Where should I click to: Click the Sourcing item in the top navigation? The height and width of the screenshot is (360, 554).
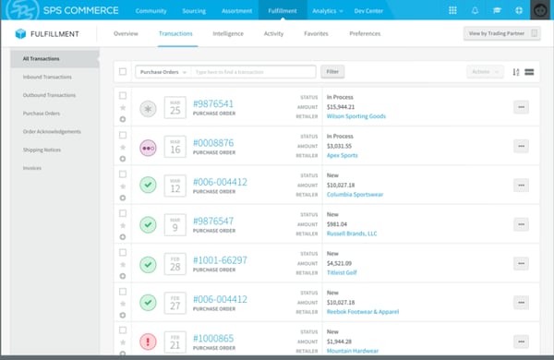[194, 10]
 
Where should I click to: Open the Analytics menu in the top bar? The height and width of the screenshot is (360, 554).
[325, 10]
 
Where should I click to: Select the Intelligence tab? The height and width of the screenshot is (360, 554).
[228, 33]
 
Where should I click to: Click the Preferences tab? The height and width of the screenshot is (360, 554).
[365, 33]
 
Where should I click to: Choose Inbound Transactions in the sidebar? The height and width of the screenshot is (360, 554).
[47, 77]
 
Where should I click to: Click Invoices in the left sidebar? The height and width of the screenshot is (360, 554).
[32, 168]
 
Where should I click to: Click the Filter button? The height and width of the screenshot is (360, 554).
[331, 71]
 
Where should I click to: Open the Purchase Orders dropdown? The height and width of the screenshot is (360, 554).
[162, 71]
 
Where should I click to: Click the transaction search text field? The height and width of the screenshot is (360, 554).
[253, 71]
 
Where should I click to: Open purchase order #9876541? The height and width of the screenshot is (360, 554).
[213, 103]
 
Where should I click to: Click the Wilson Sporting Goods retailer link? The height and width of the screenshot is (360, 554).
[356, 116]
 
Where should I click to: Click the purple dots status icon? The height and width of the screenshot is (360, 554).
[148, 147]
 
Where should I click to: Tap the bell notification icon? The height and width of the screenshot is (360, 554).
[475, 10]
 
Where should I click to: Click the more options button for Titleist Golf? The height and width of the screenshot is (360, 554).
[521, 264]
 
